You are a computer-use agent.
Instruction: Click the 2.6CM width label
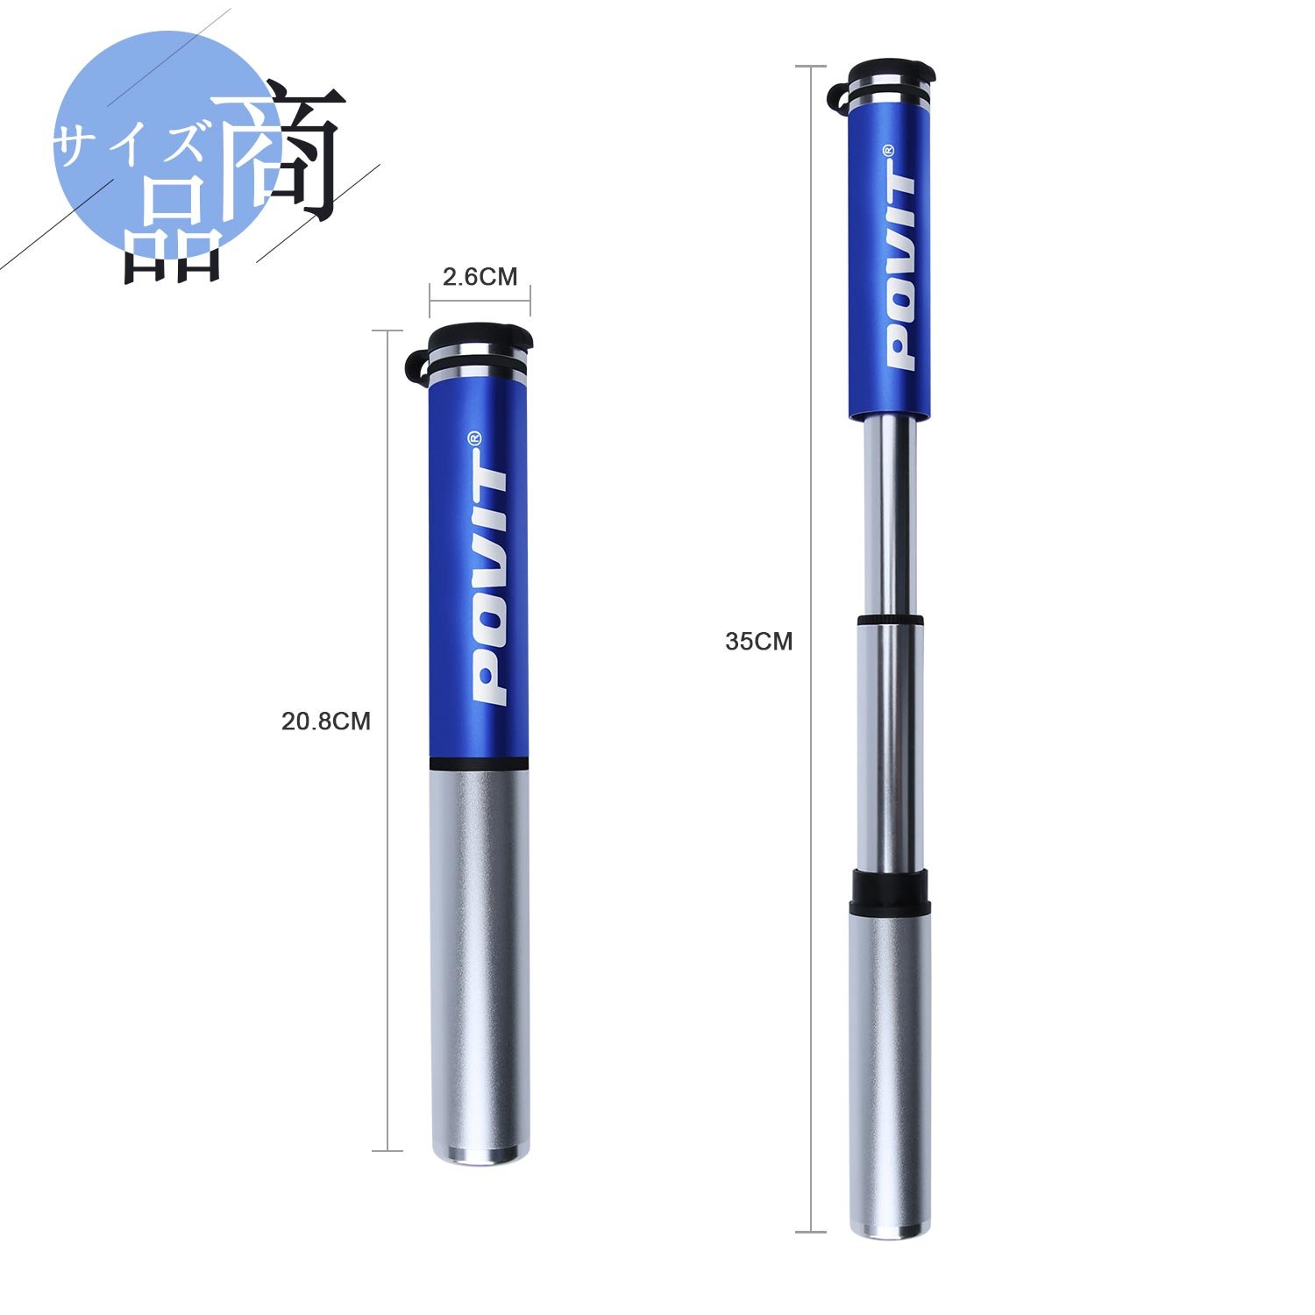tap(480, 277)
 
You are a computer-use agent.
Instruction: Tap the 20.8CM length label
tap(326, 721)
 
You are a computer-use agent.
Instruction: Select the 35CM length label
tap(758, 642)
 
